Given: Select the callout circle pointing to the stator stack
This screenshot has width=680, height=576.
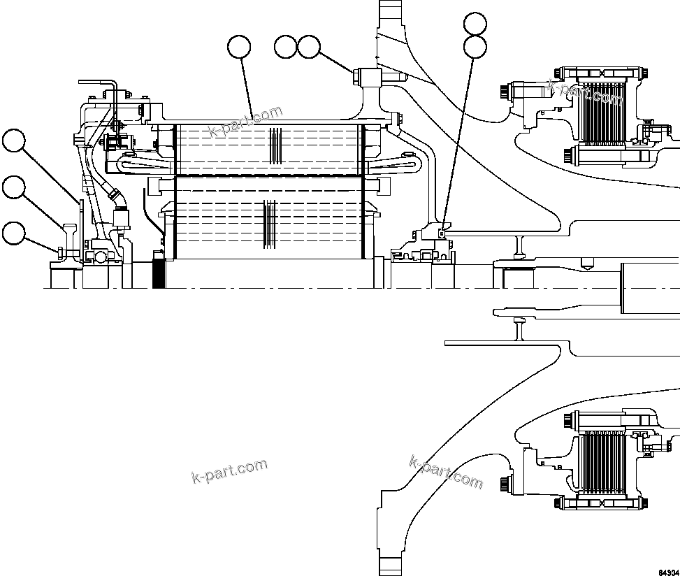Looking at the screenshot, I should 239,47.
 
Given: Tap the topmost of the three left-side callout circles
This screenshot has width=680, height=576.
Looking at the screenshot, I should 13,141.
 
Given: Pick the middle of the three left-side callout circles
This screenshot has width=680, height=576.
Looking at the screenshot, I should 13,187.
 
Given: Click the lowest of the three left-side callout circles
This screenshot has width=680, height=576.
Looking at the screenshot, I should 13,233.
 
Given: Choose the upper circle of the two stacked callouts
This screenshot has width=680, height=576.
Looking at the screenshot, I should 475,23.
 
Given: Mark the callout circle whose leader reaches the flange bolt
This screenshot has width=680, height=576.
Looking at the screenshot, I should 308,47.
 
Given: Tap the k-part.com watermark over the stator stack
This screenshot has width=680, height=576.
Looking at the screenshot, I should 246,122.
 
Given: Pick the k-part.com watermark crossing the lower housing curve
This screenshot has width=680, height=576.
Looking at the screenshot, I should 446,472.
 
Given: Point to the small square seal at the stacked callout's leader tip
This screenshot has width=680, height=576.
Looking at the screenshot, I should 441,224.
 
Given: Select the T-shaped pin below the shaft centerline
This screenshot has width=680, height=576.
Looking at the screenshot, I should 519,329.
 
